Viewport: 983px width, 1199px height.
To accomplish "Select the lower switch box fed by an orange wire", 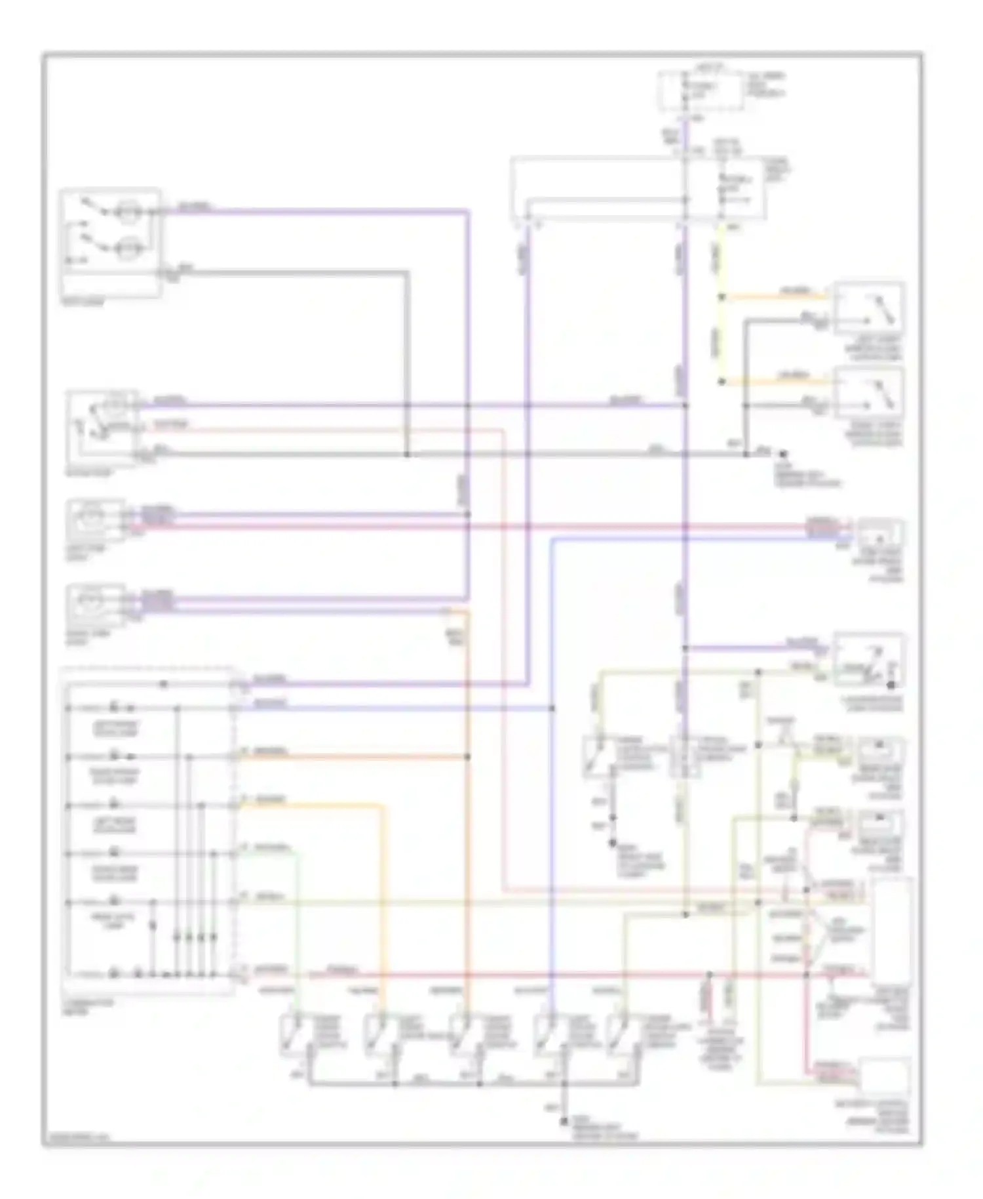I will (x=868, y=392).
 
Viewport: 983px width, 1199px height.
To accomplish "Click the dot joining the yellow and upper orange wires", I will (x=721, y=297).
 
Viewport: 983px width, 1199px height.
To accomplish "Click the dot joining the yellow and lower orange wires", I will (x=721, y=381).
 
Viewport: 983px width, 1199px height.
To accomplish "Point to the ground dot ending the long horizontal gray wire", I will (x=782, y=453).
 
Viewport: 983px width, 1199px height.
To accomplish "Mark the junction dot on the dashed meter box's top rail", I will (x=164, y=684).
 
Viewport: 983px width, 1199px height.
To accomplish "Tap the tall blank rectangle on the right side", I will (x=892, y=930).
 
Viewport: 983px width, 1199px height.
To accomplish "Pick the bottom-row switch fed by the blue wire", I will (x=548, y=1035).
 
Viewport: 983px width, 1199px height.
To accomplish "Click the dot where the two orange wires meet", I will (x=468, y=757).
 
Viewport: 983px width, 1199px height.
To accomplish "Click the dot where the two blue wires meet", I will (x=552, y=708).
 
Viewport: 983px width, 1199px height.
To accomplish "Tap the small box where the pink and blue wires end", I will (x=880, y=537).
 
